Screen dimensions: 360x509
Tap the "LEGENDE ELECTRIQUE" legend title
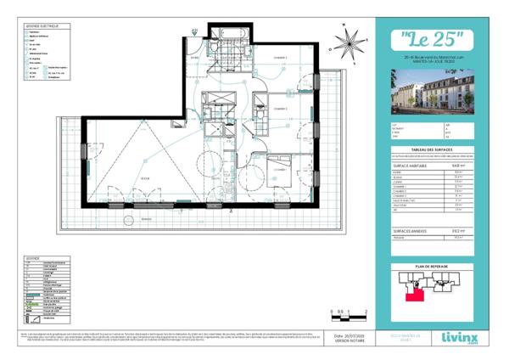[42, 26]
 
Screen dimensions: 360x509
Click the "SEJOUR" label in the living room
[145, 177]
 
